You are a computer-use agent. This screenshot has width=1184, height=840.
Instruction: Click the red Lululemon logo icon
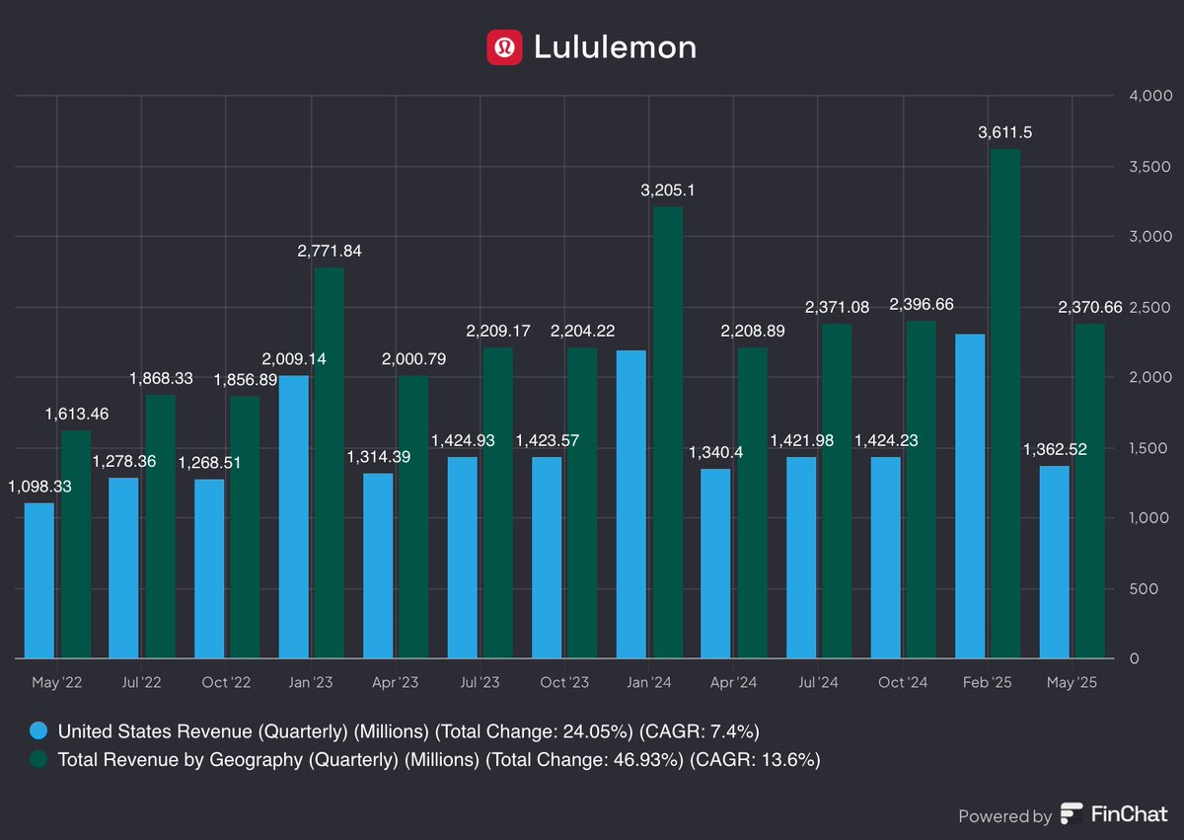pyautogui.click(x=504, y=47)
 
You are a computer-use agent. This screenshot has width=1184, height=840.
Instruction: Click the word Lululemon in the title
pyautogui.click(x=615, y=47)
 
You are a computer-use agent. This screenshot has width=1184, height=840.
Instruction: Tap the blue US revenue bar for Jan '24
pyautogui.click(x=631, y=503)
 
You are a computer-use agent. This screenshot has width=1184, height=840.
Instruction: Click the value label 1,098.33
pyautogui.click(x=40, y=487)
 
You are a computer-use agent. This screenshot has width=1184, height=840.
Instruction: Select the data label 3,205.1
pyautogui.click(x=667, y=191)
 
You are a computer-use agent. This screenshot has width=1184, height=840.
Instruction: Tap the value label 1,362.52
pyautogui.click(x=1055, y=449)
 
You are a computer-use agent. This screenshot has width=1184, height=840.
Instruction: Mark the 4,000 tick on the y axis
pyautogui.click(x=1149, y=96)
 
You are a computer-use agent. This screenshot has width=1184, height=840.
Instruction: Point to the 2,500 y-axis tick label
pyautogui.click(x=1149, y=307)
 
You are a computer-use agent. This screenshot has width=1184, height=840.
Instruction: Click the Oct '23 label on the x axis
pyautogui.click(x=565, y=682)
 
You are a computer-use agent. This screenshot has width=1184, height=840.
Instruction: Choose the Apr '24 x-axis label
pyautogui.click(x=733, y=682)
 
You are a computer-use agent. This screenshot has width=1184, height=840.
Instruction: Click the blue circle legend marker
pyautogui.click(x=38, y=731)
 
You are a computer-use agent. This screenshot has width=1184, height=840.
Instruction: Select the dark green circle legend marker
pyautogui.click(x=38, y=760)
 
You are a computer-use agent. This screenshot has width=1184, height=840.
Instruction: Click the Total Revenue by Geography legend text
pyautogui.click(x=439, y=760)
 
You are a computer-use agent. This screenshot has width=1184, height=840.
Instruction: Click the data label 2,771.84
pyautogui.click(x=329, y=251)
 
